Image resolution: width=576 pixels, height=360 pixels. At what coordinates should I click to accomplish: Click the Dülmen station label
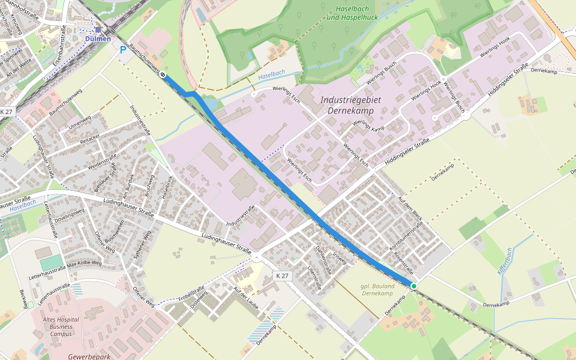coord(98,39)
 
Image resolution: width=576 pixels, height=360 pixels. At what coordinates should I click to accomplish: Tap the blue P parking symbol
coord(123,50)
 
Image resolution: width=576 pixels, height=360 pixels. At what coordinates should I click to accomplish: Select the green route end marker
coord(414,286)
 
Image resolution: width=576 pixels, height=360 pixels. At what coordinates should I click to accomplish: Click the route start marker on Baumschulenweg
coord(163,75)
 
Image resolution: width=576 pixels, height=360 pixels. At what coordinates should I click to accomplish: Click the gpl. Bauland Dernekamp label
coord(377,290)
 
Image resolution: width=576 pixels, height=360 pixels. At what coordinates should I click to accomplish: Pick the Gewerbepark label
coord(87,356)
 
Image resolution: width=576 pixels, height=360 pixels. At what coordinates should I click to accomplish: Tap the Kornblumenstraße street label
coord(406,236)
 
